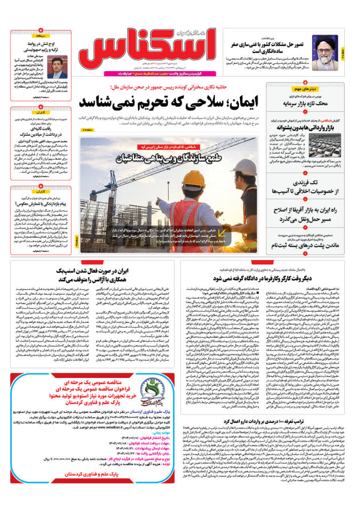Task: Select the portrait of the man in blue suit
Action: click(x=57, y=67)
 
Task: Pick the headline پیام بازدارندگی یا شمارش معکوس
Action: click(x=41, y=204)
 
